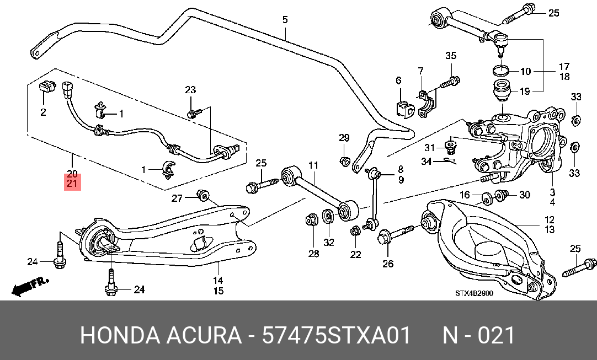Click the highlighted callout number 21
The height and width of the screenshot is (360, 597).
click(x=72, y=184)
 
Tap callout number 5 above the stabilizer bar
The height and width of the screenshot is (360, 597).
click(x=285, y=19)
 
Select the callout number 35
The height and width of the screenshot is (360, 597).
click(x=451, y=56)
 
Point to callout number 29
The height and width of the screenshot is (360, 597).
click(x=344, y=138)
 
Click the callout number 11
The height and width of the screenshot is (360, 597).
click(x=313, y=165)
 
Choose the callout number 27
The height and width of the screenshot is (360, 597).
click(x=177, y=198)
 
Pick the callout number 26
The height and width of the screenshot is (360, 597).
click(x=387, y=264)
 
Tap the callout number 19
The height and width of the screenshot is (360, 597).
click(x=525, y=92)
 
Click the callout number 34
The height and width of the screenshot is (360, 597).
click(x=426, y=162)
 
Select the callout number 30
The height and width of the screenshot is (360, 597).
click(x=525, y=195)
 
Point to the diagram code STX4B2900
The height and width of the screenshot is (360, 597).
click(x=474, y=293)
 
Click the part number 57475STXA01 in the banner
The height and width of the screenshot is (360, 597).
click(x=336, y=335)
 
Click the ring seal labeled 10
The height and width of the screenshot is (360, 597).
click(x=501, y=70)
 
